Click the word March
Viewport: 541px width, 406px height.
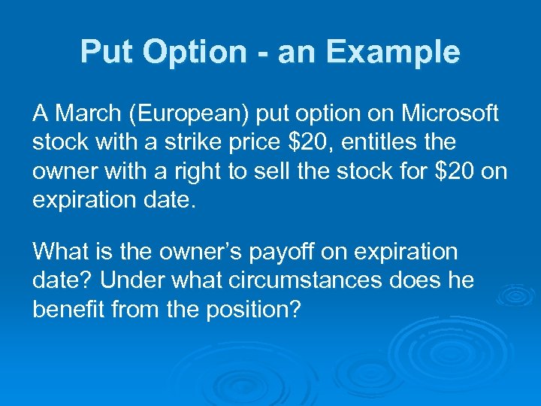pos(87,114)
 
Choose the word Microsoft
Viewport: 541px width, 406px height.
pos(449,114)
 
